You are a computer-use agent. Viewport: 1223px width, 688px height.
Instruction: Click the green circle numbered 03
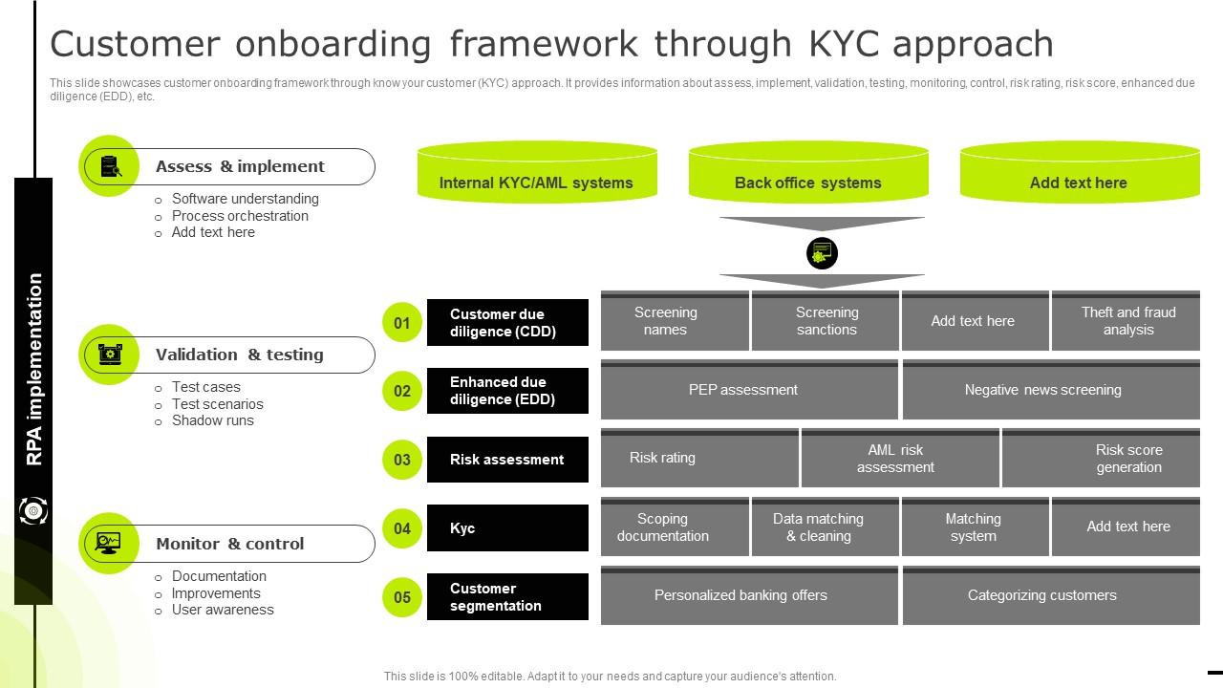(x=402, y=460)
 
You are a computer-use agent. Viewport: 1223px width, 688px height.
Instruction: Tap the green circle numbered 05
(x=402, y=597)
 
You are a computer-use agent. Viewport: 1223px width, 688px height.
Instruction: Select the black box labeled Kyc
(x=507, y=528)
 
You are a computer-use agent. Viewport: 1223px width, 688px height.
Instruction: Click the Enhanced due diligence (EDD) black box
(x=507, y=391)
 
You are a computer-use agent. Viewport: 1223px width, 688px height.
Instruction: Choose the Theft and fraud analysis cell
(x=1126, y=321)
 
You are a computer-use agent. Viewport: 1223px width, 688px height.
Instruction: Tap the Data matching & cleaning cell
(x=825, y=527)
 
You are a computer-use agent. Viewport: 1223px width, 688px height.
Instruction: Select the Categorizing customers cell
(x=1050, y=595)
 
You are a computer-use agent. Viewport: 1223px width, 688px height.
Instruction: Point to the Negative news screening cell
(x=1050, y=390)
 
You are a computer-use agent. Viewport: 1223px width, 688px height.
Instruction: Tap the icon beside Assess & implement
(x=111, y=166)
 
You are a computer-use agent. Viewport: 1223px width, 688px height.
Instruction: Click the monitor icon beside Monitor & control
(x=109, y=544)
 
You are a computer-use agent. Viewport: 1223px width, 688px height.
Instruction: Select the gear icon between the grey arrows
(x=822, y=252)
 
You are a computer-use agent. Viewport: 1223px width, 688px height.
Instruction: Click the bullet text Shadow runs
(x=212, y=420)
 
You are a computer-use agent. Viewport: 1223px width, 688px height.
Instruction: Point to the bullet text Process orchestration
(x=240, y=216)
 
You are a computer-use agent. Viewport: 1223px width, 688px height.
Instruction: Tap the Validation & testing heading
(x=240, y=355)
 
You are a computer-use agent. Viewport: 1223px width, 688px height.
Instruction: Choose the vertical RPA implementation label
(x=34, y=369)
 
